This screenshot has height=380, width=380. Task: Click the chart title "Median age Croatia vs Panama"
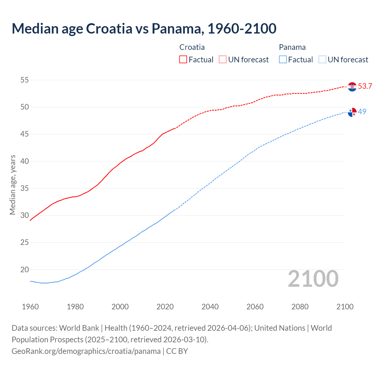click(144, 28)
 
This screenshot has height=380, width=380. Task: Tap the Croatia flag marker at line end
click(352, 87)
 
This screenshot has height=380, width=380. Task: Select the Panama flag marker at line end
click(352, 113)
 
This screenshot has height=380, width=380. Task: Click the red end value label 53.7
click(365, 86)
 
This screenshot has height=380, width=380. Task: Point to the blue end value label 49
click(362, 112)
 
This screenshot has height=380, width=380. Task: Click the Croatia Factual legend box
click(183, 60)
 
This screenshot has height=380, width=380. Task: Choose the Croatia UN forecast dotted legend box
click(223, 60)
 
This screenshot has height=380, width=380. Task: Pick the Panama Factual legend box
click(283, 60)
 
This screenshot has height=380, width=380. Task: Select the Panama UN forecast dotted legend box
click(322, 60)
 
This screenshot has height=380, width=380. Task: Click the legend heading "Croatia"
click(192, 47)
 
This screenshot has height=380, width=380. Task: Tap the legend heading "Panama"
click(292, 47)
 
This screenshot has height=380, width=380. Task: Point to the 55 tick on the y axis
click(25, 80)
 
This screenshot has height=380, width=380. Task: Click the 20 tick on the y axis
click(25, 270)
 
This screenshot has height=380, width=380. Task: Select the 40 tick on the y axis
click(25, 161)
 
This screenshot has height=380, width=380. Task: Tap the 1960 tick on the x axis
click(30, 307)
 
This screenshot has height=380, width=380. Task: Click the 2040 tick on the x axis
click(210, 307)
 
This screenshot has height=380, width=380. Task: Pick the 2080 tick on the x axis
click(300, 307)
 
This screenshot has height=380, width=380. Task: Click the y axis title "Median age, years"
click(12, 185)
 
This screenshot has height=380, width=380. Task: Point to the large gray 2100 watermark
click(313, 279)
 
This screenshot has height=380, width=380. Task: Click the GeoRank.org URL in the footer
click(86, 351)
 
